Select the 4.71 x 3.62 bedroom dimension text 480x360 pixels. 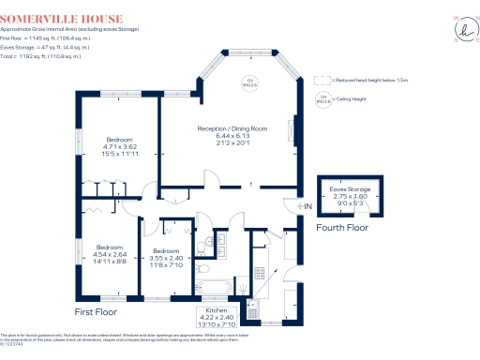click(x=119, y=147)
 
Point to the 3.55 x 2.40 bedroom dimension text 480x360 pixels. click(x=166, y=258)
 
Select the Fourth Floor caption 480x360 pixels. click(x=342, y=227)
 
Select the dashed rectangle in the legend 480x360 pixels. click(x=320, y=82)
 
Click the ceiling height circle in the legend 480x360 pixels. click(x=322, y=98)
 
